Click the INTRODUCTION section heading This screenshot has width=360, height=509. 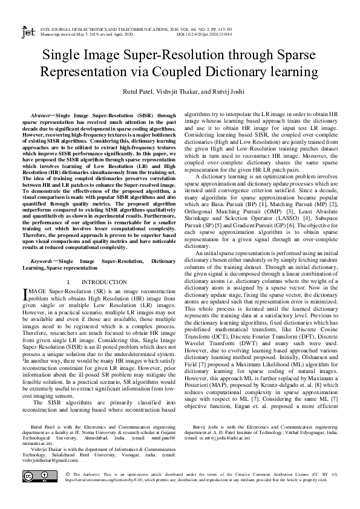tap(103, 282)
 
